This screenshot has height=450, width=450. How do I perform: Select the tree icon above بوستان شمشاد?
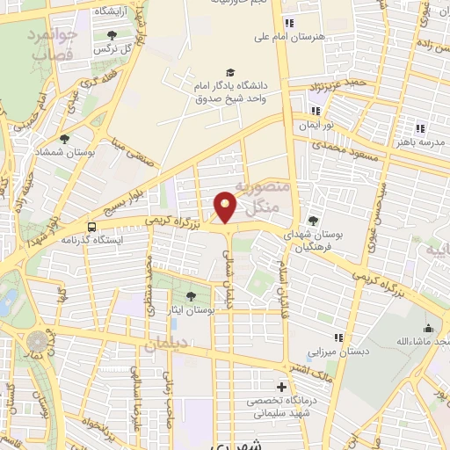point(64,138)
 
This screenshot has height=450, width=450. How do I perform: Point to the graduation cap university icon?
point(230,73)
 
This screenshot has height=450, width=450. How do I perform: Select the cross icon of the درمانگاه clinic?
point(281,386)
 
